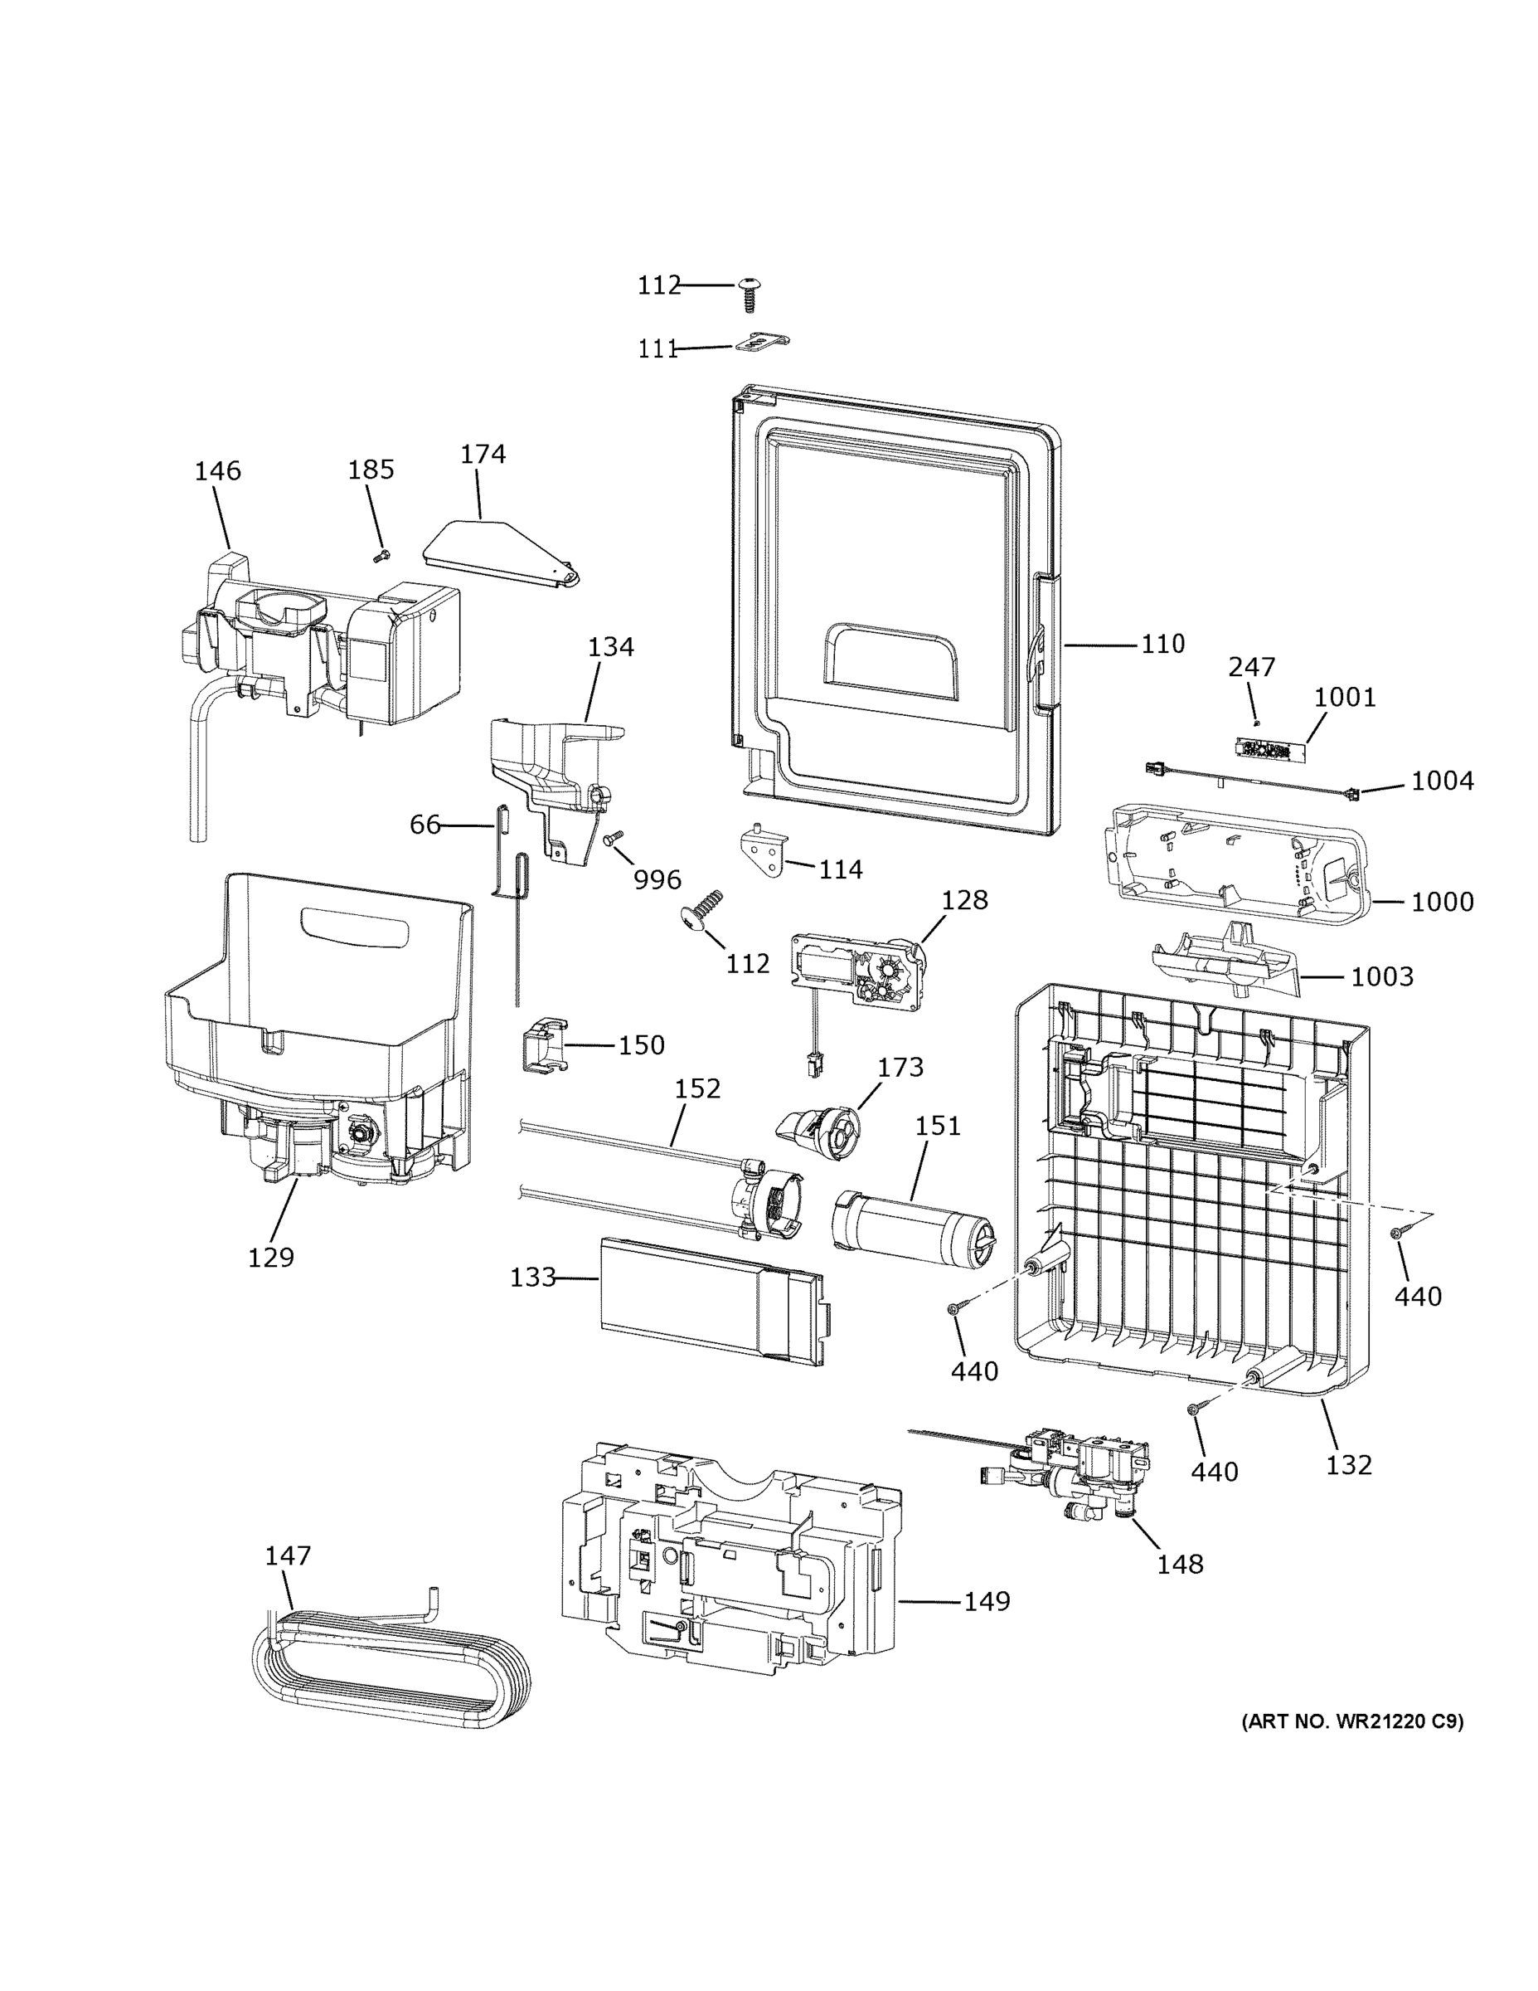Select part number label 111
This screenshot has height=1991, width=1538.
(x=657, y=348)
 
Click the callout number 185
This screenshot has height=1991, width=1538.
(x=371, y=470)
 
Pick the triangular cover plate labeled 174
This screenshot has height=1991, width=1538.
(x=499, y=553)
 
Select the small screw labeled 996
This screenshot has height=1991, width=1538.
(x=612, y=837)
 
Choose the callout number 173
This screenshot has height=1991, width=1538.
(x=900, y=1067)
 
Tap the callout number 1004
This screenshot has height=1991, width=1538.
(x=1443, y=781)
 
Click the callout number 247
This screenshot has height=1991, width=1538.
(x=1251, y=667)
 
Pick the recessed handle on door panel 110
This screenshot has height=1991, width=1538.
(x=890, y=656)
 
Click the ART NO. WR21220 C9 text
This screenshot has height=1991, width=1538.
(x=1352, y=1721)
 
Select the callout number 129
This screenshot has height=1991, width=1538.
(x=270, y=1257)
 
